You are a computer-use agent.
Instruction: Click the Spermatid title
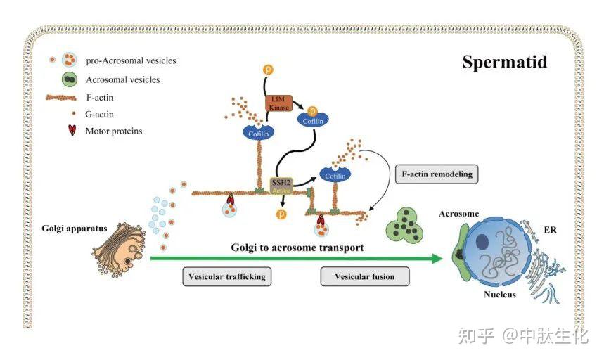[504, 62]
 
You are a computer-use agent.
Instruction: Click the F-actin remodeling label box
[437, 173]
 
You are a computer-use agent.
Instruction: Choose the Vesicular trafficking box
[226, 276]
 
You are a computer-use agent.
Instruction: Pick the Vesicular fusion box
[364, 276]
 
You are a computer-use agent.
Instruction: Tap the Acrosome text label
[458, 214]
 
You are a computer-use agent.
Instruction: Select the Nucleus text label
[500, 294]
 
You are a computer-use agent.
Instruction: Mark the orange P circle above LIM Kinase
[267, 70]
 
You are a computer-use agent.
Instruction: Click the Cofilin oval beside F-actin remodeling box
[336, 174]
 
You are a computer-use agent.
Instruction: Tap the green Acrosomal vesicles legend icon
[69, 79]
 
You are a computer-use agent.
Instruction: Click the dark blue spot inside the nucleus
[484, 243]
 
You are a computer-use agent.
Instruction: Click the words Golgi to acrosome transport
[297, 247]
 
